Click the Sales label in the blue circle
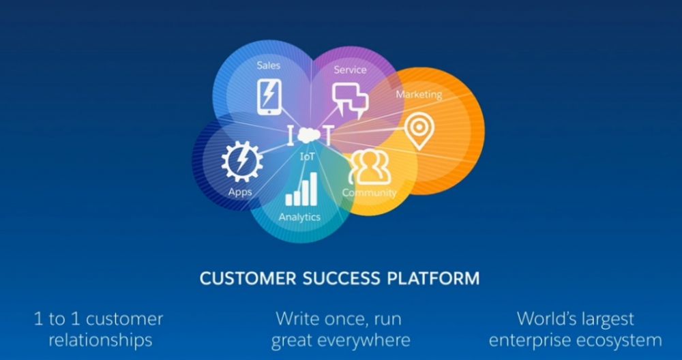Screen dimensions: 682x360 click(x=268, y=65)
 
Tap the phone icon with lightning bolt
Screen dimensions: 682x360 click(x=269, y=97)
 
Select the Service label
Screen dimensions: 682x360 click(x=350, y=70)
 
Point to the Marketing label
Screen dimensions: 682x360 click(x=419, y=94)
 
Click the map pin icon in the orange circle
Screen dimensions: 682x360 click(x=419, y=130)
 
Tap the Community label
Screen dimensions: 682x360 click(x=369, y=192)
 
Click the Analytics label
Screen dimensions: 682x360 click(x=299, y=217)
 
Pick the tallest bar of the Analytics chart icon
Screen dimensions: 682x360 click(x=313, y=189)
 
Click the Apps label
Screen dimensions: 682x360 click(x=240, y=192)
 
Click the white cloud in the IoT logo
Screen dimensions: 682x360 click(x=309, y=135)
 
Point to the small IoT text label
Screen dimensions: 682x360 click(x=307, y=157)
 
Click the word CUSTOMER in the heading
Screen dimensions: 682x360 click(x=241, y=278)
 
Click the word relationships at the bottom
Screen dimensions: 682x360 click(x=100, y=340)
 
